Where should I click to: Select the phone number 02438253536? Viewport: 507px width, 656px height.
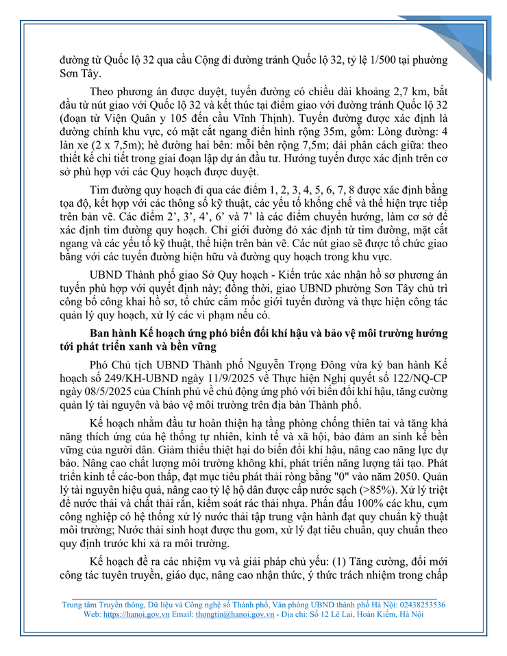[415, 605]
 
